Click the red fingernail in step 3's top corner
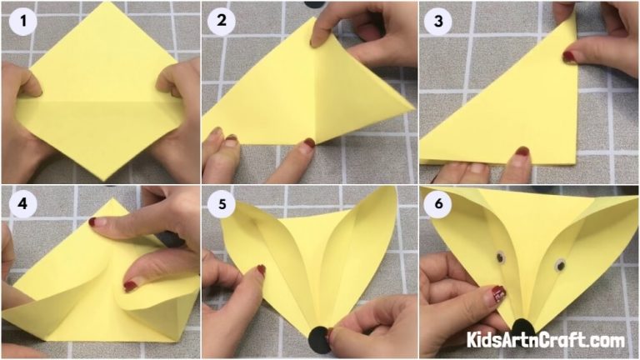tap(568, 57)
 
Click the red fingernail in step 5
tap(261, 271)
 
